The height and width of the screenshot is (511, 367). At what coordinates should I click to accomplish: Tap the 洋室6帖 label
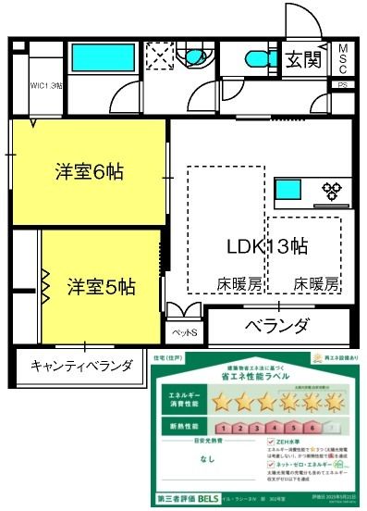[x=90, y=171]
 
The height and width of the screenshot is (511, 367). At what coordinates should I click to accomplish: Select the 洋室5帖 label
[x=103, y=287]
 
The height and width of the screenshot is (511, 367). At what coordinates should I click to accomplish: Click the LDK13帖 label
[x=268, y=246]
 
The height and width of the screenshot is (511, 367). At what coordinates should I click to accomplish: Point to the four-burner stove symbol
[x=331, y=193]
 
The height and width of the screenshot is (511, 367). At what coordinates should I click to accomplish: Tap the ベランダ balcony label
[x=276, y=326]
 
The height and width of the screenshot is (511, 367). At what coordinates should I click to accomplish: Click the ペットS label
[x=181, y=330]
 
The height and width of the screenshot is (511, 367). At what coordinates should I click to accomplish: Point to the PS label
[x=342, y=84]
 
